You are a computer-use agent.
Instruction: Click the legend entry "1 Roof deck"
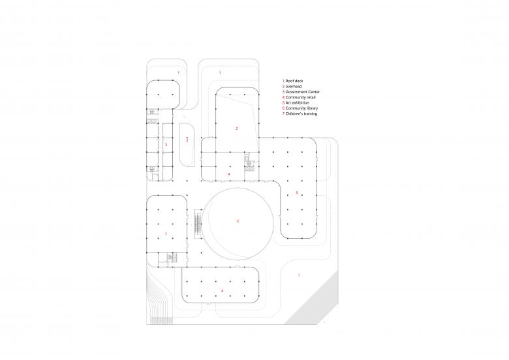(293, 81)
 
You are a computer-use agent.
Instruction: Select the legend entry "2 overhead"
(292, 87)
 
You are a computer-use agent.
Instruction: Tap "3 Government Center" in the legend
(301, 92)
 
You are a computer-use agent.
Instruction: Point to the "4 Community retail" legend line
(299, 97)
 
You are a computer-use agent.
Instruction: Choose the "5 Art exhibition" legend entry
(296, 103)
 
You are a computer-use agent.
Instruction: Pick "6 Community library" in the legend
(300, 108)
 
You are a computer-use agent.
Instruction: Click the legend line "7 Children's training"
(300, 114)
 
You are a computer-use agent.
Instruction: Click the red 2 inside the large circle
(238, 221)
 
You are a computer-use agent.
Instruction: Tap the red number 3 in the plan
(166, 145)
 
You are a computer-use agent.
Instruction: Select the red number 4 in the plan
(229, 174)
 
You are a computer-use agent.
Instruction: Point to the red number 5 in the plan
(297, 192)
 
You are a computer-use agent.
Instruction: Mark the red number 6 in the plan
(222, 291)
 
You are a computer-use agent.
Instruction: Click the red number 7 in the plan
(166, 234)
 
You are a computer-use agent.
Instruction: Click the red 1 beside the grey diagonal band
(299, 275)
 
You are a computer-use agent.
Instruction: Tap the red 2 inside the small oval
(187, 140)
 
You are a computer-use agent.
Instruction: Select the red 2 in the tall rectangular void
(237, 128)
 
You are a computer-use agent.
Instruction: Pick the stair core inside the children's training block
(171, 258)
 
